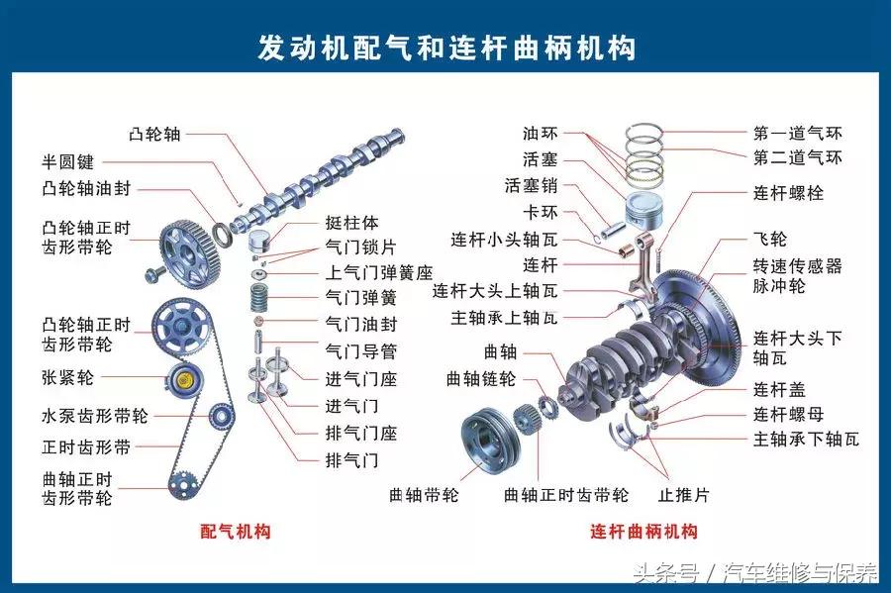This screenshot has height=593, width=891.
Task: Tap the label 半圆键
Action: pos(67,161)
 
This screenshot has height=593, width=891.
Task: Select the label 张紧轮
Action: pos(67,377)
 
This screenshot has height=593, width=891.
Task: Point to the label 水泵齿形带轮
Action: pos(95,417)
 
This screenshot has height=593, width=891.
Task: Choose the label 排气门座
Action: pos(360,433)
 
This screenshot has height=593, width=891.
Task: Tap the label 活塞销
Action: pos(531,185)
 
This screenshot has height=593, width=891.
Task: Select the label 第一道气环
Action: pos(797,133)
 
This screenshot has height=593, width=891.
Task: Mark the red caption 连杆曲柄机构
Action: pos(643,532)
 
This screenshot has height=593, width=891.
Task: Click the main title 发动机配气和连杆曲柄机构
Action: pos(446,47)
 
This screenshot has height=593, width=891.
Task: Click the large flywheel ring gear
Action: pos(708,317)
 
